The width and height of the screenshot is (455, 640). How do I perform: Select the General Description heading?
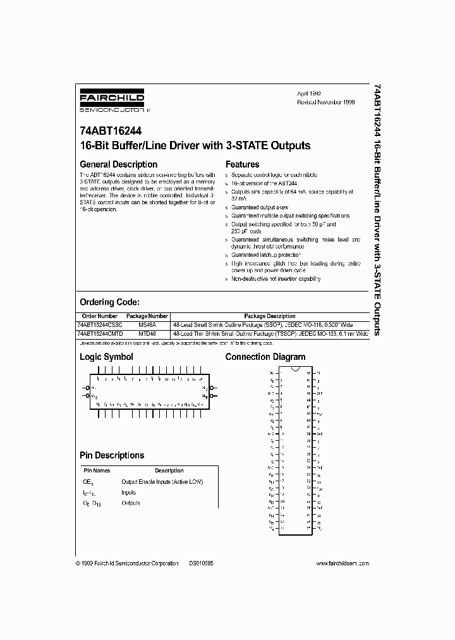(118, 164)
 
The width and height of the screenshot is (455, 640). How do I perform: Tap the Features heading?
(243, 164)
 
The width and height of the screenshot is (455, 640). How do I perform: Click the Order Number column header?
(100, 316)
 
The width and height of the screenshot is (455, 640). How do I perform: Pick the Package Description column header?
(270, 316)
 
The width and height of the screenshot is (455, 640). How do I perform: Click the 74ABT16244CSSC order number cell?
(99, 324)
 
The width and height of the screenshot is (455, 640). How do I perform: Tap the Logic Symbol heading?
(106, 357)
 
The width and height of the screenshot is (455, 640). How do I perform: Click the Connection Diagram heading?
(265, 357)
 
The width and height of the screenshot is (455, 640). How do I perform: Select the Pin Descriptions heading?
(112, 455)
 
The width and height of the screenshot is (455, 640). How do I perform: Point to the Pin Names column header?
(97, 471)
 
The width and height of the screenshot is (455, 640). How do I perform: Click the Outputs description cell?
(131, 503)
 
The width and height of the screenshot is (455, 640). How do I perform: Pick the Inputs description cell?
(128, 492)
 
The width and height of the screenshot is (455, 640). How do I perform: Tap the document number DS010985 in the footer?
(202, 563)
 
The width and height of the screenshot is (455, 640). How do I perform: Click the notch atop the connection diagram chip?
(296, 367)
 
